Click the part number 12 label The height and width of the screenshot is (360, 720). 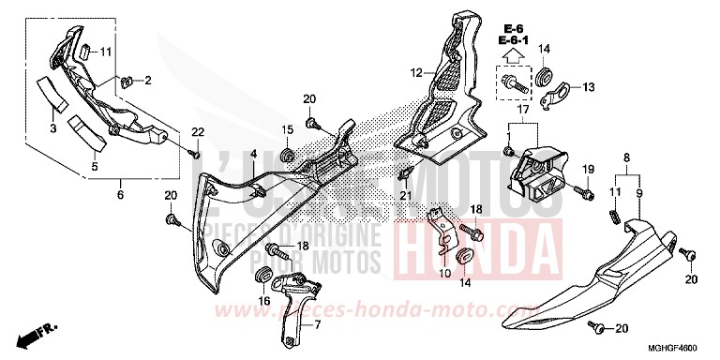[416, 72]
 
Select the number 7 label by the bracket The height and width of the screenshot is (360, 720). [316, 326]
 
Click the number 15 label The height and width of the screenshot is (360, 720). [289, 128]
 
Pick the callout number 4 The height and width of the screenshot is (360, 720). [252, 153]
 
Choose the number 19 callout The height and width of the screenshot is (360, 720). [589, 170]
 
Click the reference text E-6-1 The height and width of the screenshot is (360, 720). [513, 40]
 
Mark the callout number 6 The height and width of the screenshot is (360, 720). [120, 194]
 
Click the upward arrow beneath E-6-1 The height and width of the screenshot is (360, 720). [513, 55]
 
